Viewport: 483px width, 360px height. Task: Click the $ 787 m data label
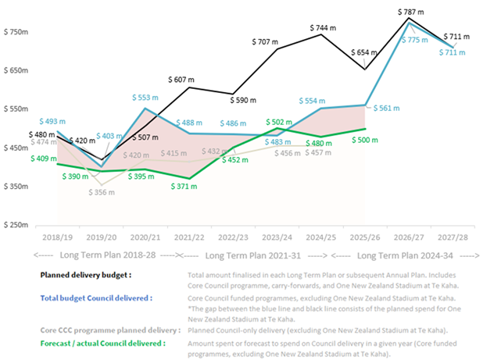(410, 12)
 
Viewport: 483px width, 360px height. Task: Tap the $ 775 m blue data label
(423, 39)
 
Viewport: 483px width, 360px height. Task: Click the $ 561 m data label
(388, 109)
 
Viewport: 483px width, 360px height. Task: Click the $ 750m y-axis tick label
(16, 32)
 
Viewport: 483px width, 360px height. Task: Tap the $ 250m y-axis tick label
(16, 225)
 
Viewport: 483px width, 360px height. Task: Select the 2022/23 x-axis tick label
(233, 235)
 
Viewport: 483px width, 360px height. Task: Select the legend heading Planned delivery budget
(87, 275)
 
